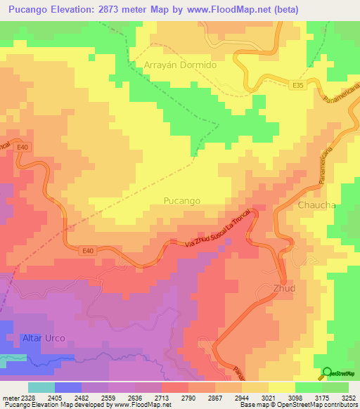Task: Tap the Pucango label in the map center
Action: (x=181, y=200)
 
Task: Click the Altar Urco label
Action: (x=43, y=338)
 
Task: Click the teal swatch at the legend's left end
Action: (x=41, y=387)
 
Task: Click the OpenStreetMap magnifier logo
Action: (x=327, y=373)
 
